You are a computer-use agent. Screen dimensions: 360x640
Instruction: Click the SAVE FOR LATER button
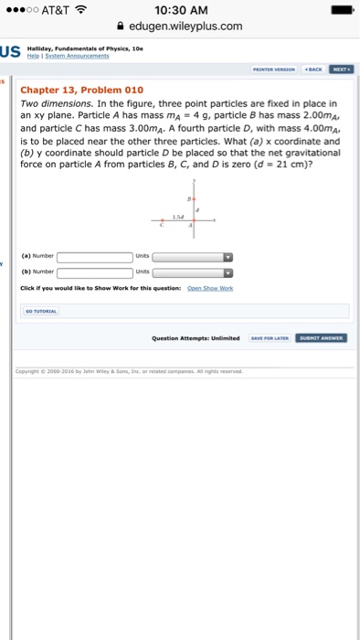[x=271, y=337]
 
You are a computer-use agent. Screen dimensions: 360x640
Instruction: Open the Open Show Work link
[x=210, y=288]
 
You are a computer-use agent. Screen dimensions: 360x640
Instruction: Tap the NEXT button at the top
[x=341, y=69]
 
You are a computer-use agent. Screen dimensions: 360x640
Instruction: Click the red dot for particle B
[x=195, y=198]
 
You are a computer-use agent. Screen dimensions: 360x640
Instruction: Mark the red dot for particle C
[x=163, y=220]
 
